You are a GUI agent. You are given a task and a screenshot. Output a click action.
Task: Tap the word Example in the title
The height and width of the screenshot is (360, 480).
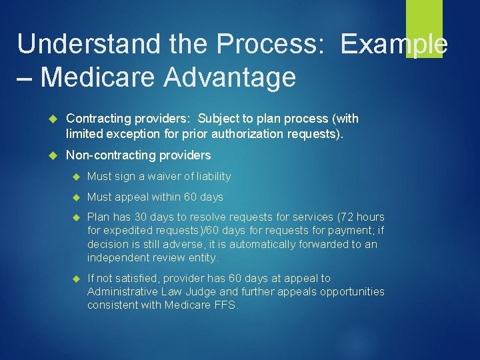394,44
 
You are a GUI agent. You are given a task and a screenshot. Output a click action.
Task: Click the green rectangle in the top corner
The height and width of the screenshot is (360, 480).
424,28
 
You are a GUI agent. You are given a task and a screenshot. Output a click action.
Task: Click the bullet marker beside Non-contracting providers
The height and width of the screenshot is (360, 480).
55,155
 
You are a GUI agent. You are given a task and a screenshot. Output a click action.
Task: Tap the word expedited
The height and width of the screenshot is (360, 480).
129,231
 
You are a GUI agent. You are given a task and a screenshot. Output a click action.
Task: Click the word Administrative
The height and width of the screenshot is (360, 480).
121,292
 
